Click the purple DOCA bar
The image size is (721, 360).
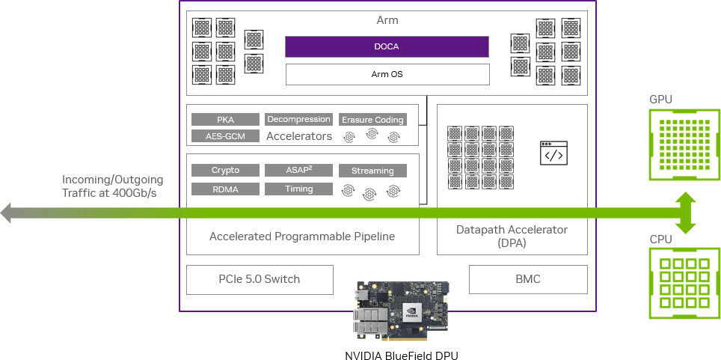(x=387, y=46)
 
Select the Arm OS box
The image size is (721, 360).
(x=387, y=74)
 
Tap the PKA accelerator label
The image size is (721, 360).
(x=225, y=120)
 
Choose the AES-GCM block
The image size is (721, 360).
(x=225, y=136)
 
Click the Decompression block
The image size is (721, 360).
(x=298, y=119)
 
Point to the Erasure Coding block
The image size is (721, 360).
(x=372, y=120)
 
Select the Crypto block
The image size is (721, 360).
(x=225, y=171)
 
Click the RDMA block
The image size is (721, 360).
(x=225, y=189)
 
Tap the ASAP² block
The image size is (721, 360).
(x=298, y=171)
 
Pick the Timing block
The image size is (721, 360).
(x=298, y=189)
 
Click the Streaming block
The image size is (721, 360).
(x=372, y=171)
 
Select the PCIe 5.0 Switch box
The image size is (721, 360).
(x=260, y=279)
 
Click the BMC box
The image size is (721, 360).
(x=527, y=279)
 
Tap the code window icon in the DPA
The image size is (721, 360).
(x=553, y=153)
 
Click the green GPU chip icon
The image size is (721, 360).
(x=684, y=144)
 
